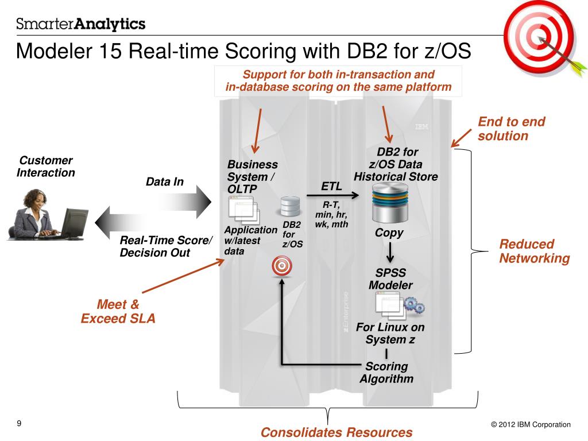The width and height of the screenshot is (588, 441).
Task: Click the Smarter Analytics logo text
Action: pyautogui.click(x=81, y=24)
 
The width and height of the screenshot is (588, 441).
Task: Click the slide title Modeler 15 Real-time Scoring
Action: pyautogui.click(x=243, y=51)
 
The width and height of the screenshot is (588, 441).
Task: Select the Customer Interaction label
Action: pyautogui.click(x=46, y=167)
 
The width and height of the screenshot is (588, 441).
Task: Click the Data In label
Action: pyautogui.click(x=165, y=182)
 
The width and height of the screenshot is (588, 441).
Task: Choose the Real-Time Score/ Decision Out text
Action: pyautogui.click(x=166, y=246)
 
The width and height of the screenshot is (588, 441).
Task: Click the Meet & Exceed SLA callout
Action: pyautogui.click(x=118, y=311)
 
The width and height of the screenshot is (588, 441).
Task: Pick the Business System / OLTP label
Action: pyautogui.click(x=252, y=177)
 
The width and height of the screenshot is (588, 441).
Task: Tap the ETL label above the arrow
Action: pyautogui.click(x=331, y=186)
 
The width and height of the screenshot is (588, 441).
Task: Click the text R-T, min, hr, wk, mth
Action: pyautogui.click(x=331, y=214)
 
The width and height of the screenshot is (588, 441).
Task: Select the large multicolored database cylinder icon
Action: pyautogui.click(x=389, y=204)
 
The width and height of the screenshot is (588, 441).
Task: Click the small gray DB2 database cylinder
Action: pyautogui.click(x=290, y=207)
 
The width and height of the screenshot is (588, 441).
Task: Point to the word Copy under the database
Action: pyautogui.click(x=389, y=233)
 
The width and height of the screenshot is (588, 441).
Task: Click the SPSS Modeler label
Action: pyautogui.click(x=390, y=279)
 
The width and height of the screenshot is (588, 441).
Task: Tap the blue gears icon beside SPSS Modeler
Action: pyautogui.click(x=414, y=305)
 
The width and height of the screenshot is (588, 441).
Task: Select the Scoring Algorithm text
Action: pyautogui.click(x=386, y=373)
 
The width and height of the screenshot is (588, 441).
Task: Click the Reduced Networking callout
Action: pyautogui.click(x=534, y=251)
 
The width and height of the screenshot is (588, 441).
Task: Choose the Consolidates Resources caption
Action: pyautogui.click(x=336, y=432)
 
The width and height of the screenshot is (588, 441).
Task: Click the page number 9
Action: pyautogui.click(x=19, y=424)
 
